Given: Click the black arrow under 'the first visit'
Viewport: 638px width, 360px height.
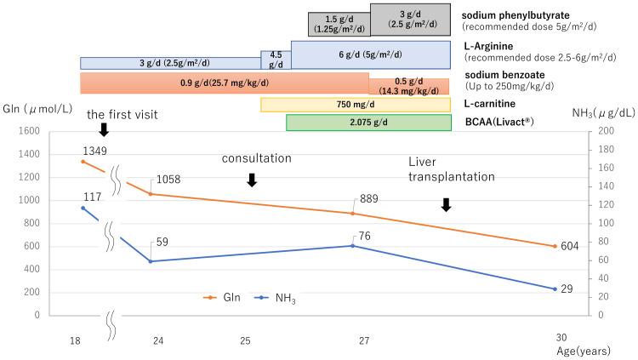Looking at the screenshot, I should pos(104,129).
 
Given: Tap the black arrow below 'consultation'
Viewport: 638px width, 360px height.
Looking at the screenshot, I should pos(251,180).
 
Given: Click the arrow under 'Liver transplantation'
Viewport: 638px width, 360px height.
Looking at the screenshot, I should pos(447,204).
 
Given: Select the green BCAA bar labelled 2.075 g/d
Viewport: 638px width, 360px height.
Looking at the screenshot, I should pos(368,123).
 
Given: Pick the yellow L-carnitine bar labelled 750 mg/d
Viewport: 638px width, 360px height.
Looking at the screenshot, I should pos(355,105).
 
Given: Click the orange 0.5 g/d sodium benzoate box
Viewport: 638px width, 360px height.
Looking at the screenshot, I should pos(408,86).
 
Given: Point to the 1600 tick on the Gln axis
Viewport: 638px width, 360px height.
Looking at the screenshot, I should pos(29,131).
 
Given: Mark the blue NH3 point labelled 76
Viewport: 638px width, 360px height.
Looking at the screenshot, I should pos(352,246).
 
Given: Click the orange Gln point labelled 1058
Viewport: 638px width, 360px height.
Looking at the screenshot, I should pos(151,194).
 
